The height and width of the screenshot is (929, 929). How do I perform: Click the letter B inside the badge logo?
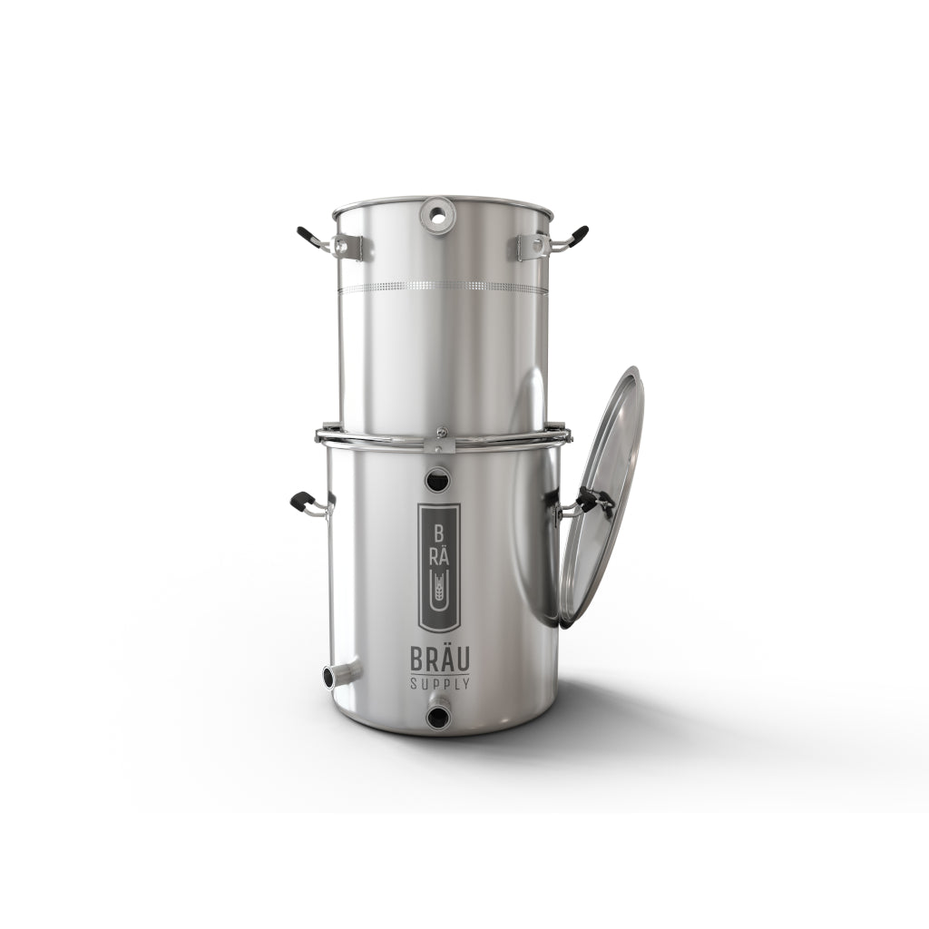[440, 533]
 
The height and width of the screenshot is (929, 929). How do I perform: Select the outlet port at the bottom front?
[439, 715]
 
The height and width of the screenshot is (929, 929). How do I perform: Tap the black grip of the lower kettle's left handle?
[303, 500]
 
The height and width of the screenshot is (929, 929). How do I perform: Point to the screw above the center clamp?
[439, 432]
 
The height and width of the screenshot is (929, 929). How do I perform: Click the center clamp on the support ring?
[439, 445]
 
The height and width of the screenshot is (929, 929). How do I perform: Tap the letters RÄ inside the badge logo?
[440, 555]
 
